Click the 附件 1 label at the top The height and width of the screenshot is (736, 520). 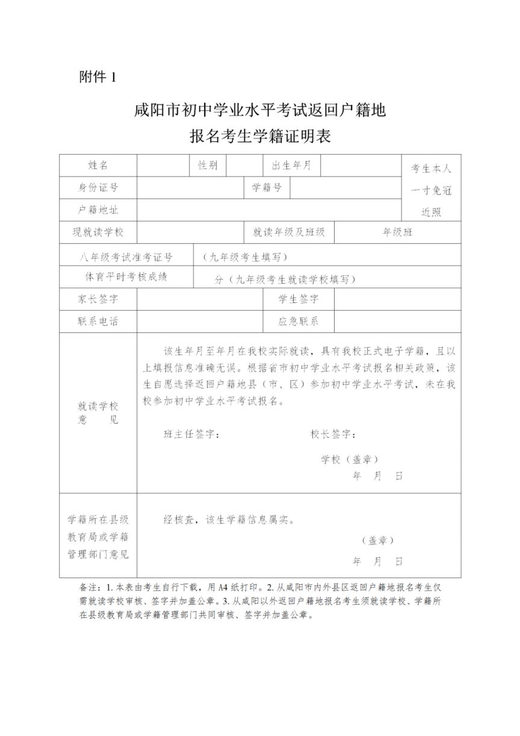tap(96, 77)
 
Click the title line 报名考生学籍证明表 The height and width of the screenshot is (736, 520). tap(260, 136)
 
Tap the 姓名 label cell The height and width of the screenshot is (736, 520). tap(97, 166)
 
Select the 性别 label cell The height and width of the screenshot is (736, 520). tap(208, 166)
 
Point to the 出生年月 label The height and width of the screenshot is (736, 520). tap(291, 166)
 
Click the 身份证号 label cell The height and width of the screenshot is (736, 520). tap(97, 187)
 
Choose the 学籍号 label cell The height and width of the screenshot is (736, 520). tap(267, 187)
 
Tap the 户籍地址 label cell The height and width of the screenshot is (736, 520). tap(97, 210)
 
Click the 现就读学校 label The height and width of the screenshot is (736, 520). tap(97, 232)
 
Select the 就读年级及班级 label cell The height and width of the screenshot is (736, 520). tap(289, 232)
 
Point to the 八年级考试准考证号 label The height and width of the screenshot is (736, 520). tap(126, 257)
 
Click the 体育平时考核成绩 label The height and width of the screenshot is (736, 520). tap(126, 278)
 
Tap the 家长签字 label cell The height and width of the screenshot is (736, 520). tap(97, 299)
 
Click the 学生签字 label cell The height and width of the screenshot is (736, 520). tap(298, 299)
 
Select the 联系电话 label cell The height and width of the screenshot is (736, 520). tap(97, 321)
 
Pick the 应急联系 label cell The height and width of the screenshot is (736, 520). tap(298, 321)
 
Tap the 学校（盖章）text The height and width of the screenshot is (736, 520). tap(350, 460)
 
